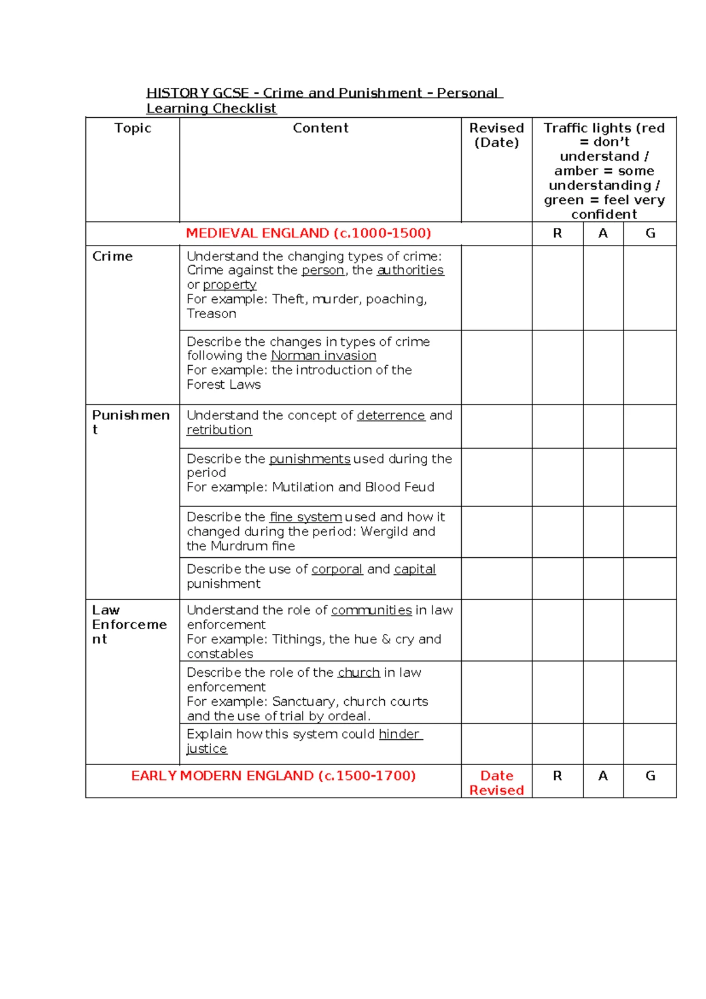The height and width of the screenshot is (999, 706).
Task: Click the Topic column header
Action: click(x=133, y=128)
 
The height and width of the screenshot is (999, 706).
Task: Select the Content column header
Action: click(x=321, y=128)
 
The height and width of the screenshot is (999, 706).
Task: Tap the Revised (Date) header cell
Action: click(x=497, y=135)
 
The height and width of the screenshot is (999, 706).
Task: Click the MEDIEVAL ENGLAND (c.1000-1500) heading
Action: click(x=308, y=233)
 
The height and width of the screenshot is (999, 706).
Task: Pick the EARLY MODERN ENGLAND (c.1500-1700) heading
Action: click(x=273, y=776)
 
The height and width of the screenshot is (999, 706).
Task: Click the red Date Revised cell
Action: click(x=497, y=783)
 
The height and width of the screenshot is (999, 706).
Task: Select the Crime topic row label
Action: click(x=112, y=256)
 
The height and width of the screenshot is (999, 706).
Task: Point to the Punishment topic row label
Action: click(x=131, y=422)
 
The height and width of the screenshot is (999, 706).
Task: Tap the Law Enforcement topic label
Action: click(x=129, y=624)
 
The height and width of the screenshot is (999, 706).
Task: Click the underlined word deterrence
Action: click(x=391, y=416)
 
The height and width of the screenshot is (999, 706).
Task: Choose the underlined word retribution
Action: click(x=219, y=431)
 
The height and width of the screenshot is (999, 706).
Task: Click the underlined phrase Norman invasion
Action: click(x=323, y=356)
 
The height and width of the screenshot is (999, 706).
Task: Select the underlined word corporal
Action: click(x=337, y=570)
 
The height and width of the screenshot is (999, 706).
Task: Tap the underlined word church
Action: click(x=358, y=673)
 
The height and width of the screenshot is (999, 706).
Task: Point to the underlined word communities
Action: click(x=371, y=610)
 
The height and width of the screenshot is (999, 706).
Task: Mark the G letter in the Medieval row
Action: click(x=650, y=233)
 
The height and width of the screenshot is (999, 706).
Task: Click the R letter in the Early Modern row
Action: click(x=557, y=776)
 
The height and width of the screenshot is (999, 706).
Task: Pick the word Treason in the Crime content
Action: click(x=211, y=314)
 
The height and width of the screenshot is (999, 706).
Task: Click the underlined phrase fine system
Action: click(x=305, y=517)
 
